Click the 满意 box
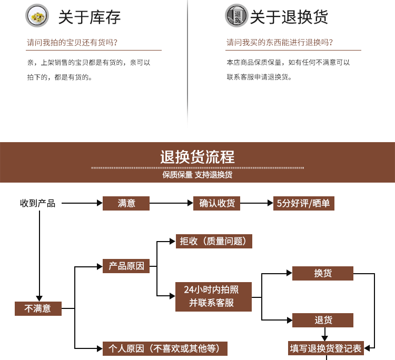click(126, 203)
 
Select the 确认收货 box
click(217, 203)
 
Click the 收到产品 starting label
click(37, 203)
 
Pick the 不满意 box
click(38, 308)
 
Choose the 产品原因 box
click(126, 266)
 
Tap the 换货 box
click(323, 273)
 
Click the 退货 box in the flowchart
click(323, 320)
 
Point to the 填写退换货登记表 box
click(325, 347)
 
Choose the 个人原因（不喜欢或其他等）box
click(165, 348)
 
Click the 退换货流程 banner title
click(197, 157)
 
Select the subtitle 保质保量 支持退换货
click(197, 175)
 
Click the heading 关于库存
click(90, 17)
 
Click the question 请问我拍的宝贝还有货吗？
click(72, 43)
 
